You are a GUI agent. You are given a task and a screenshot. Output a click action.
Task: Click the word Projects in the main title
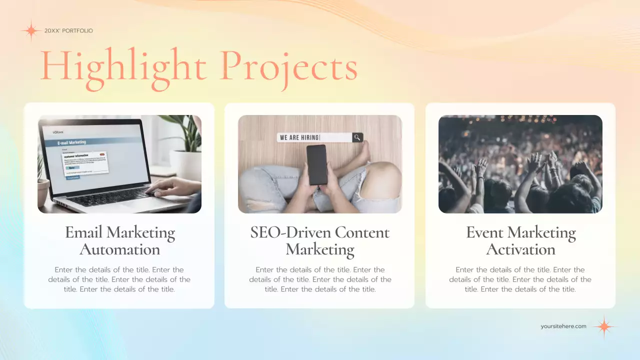288,67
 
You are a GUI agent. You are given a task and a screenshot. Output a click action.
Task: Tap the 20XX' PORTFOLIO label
68,31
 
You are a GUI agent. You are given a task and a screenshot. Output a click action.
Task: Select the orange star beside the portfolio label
31,31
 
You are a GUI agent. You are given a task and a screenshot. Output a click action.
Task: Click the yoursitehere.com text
563,326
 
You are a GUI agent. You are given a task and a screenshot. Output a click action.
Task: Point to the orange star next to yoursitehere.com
604,327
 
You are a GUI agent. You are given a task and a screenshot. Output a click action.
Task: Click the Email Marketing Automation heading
120,240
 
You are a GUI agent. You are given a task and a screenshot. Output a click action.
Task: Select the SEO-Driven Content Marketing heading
319,240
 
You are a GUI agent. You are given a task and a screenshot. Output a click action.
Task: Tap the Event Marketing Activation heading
520,240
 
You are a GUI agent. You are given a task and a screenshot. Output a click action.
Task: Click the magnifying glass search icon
357,137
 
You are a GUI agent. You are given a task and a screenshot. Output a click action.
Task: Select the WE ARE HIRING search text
299,137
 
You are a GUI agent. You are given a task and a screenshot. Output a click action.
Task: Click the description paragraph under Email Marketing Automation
119,279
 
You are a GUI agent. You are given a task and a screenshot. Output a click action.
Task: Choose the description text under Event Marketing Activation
520,279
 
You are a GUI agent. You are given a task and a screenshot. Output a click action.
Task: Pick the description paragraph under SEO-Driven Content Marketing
320,279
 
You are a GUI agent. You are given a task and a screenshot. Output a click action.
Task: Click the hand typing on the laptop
172,187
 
